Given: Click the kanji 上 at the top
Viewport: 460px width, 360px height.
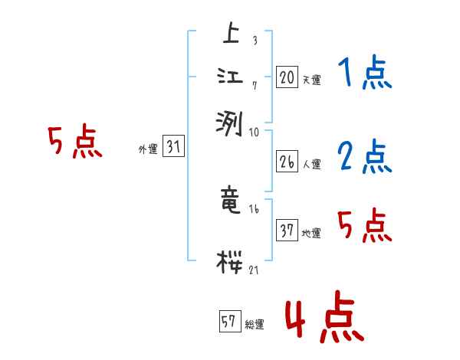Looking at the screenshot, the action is coord(231,34).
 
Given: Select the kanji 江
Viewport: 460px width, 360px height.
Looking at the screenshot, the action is coord(231,77).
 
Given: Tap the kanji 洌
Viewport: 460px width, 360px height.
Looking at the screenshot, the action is coord(231,121).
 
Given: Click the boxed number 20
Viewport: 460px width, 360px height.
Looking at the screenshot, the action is coord(287,77).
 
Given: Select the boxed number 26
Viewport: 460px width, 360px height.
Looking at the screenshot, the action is coord(287,162).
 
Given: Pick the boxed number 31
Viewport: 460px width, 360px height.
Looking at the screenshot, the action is coord(173,148).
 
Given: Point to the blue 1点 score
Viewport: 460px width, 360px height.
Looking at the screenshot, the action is coord(364,74).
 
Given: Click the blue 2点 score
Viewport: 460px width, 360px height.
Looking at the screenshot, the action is coord(364,157).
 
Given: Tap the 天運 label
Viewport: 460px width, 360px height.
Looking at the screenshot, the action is coord(311,79).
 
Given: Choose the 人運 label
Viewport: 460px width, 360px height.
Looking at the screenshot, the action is coord(311,164).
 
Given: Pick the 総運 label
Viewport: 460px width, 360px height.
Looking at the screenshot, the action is coord(255,325).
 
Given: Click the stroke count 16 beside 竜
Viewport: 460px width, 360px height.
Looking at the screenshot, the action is coord(254,208).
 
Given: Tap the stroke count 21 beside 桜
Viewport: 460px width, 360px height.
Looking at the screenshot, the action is coord(253,270).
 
